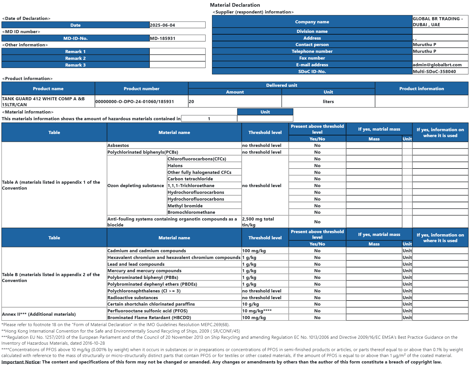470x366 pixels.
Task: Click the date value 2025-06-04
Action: coord(162,25)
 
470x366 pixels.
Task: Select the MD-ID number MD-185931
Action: coord(163,38)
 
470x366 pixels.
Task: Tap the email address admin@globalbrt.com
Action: coord(437,65)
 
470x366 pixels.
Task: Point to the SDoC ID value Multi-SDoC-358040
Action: coord(434,71)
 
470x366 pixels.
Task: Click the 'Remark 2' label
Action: coord(75,58)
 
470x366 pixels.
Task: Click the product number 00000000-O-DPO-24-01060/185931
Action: coord(135,101)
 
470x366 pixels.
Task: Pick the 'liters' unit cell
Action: coord(328,101)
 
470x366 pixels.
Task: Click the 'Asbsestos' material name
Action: coord(118,145)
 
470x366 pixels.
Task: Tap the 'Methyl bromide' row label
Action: coord(185,206)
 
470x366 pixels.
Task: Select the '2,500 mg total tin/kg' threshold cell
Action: coord(258,222)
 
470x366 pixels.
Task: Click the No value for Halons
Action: coord(317,165)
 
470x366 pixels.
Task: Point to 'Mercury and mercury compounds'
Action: coord(144,270)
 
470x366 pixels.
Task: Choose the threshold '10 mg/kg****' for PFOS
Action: coord(257,311)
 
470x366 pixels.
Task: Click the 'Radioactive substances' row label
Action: coord(132,297)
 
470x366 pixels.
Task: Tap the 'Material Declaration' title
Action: coord(235,5)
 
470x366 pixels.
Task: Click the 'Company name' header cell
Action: coord(312,22)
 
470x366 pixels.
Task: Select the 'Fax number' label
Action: coord(312,58)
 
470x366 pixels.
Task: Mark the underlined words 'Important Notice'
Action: coord(20,362)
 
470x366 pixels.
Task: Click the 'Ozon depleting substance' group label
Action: coord(135,185)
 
